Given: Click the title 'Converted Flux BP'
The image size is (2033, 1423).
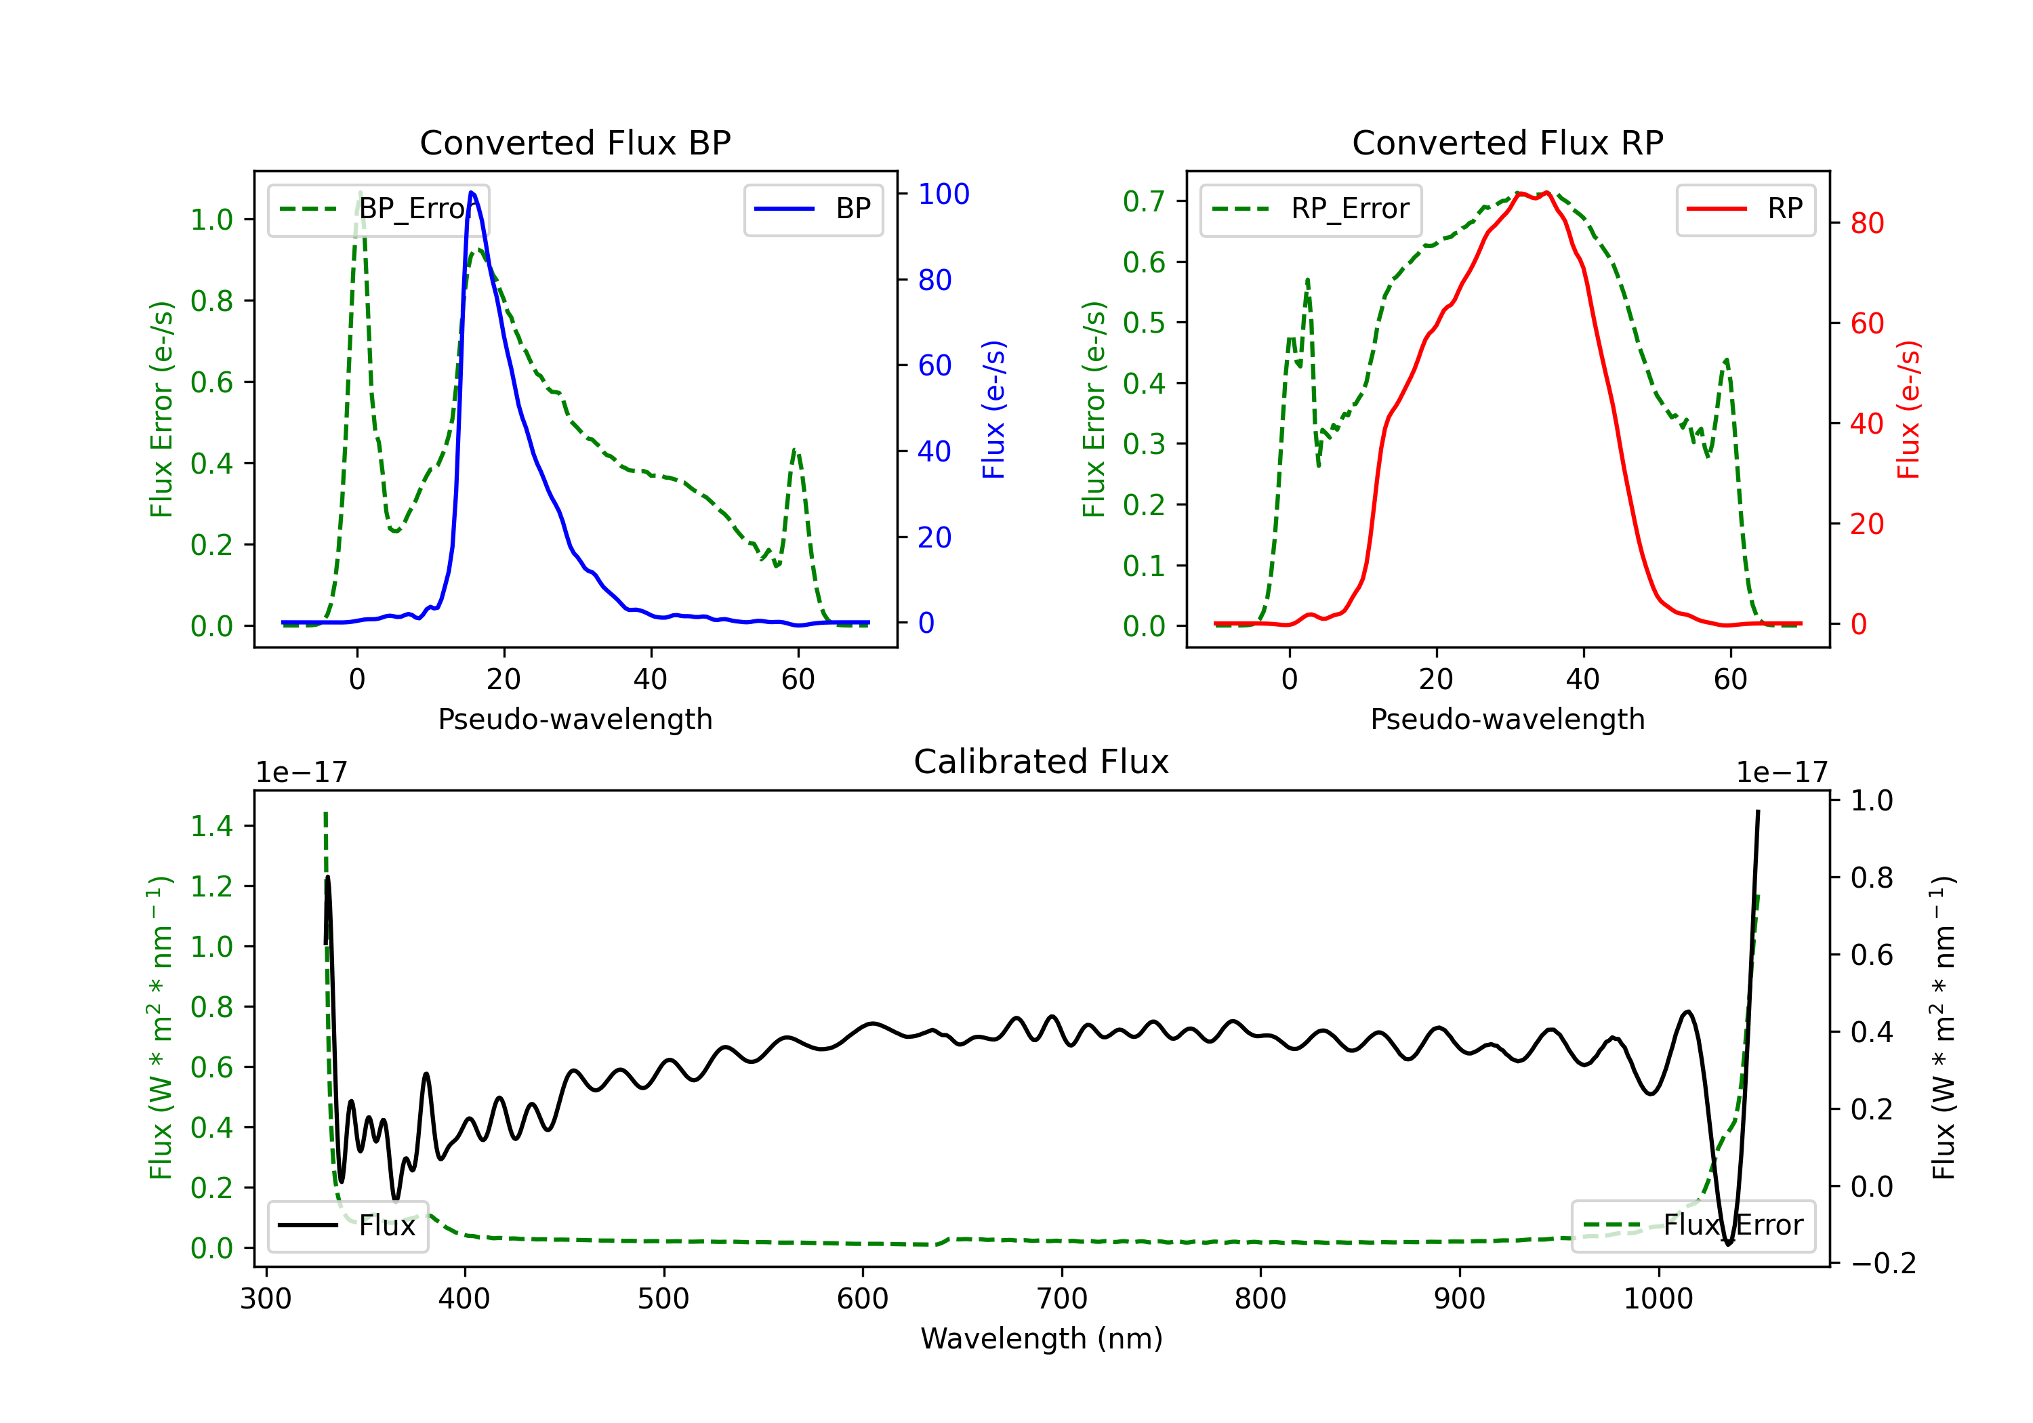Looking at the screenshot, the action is tap(575, 142).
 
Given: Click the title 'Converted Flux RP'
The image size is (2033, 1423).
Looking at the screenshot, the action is tap(1508, 142).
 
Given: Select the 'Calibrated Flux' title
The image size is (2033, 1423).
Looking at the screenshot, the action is tap(1042, 762).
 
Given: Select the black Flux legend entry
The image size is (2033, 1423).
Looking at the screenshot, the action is tap(348, 1226).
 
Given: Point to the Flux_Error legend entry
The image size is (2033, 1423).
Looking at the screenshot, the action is tap(1693, 1226).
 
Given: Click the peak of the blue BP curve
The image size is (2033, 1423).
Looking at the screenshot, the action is tap(471, 192).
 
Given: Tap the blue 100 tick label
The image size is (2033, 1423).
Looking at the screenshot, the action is tap(944, 194).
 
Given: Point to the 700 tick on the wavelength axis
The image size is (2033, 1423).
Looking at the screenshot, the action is tap(1062, 1299).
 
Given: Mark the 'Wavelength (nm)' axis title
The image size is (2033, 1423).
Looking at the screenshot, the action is tap(1042, 1338).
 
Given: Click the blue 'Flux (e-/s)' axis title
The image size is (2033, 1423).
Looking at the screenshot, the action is tap(993, 409).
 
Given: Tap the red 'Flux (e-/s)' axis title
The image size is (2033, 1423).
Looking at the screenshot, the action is tap(1909, 409).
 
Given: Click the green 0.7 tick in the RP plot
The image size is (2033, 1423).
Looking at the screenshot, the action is tap(1144, 201).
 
